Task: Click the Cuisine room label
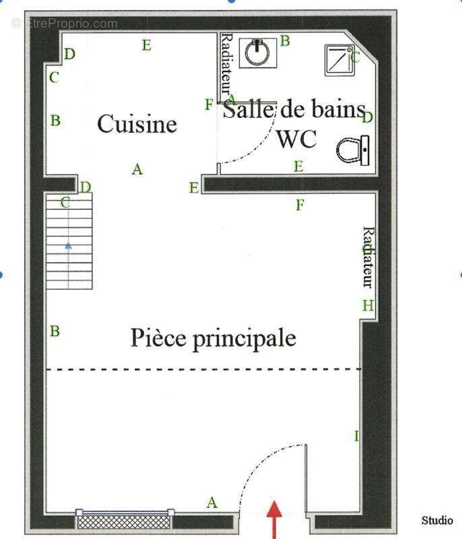137,124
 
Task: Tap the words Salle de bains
294,109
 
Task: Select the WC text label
296,139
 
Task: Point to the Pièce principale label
213,338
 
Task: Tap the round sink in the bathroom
258,52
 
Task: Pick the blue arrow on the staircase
69,246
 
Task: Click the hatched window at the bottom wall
125,519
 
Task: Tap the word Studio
437,521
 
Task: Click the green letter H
368,305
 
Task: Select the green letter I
357,436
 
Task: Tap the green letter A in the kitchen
137,169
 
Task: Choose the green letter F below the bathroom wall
300,205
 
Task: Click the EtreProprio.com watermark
65,24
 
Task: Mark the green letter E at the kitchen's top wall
146,46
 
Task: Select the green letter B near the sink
285,41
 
